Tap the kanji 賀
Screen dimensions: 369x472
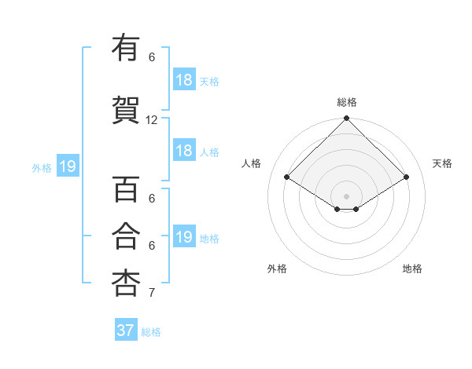pos(126,110)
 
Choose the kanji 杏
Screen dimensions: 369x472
pos(126,283)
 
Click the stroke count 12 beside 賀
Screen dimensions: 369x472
pos(152,120)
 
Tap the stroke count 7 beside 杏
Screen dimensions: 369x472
pos(152,293)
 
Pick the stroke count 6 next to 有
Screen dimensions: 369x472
pos(152,57)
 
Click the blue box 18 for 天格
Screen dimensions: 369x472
pos(184,80)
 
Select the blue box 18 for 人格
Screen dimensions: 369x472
pos(184,151)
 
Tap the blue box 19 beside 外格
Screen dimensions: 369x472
pos(67,166)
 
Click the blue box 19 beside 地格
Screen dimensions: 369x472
pos(184,237)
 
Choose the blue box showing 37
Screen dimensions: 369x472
pos(126,331)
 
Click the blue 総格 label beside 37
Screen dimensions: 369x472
pos(151,332)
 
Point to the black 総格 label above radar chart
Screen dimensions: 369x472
pos(346,102)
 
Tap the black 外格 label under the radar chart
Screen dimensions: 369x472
pos(277,269)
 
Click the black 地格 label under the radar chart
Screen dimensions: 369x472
pos(412,269)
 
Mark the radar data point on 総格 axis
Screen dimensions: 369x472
pos(346,119)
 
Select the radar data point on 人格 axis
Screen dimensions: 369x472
pos(286,177)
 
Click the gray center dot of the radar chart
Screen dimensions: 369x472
pos(346,195)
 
